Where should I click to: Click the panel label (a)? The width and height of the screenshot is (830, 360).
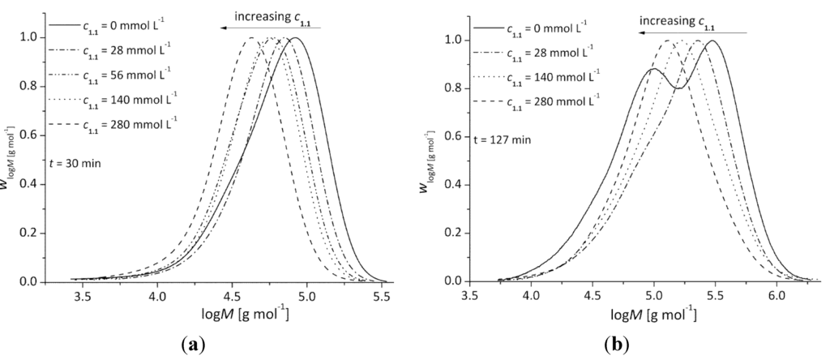(195, 344)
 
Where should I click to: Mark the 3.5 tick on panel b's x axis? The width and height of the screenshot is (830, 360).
(468, 297)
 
